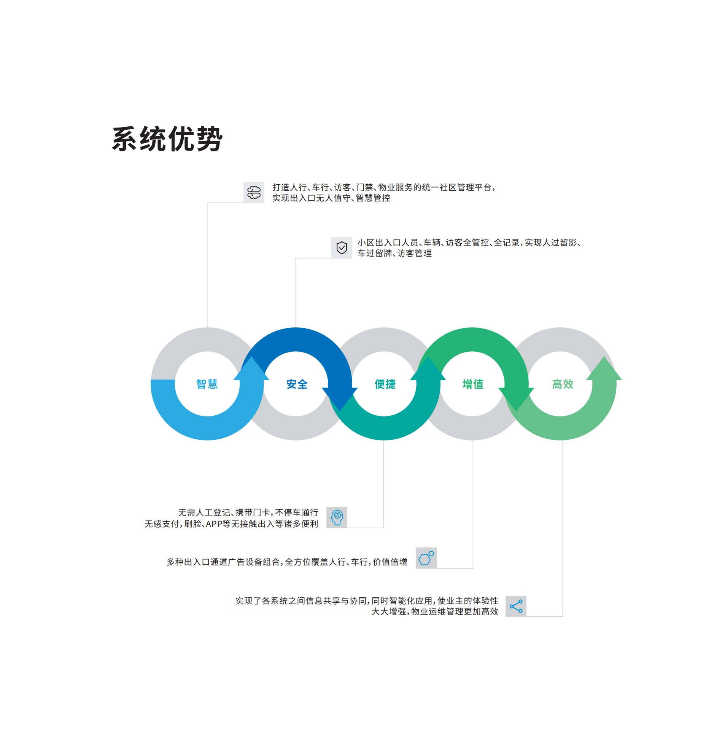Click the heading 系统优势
(x=167, y=139)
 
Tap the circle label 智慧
(x=207, y=384)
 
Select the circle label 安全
(x=297, y=384)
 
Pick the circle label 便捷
(x=385, y=384)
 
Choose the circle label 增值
(x=473, y=384)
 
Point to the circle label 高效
(x=563, y=384)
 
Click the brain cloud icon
(x=254, y=192)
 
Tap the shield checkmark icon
(x=342, y=247)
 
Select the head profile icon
(x=337, y=517)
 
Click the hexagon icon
(x=426, y=558)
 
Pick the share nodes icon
(x=516, y=606)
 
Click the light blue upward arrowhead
(x=251, y=369)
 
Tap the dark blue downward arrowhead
(x=340, y=398)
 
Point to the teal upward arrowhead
(x=428, y=369)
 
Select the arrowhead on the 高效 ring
(x=604, y=369)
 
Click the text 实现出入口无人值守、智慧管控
(x=331, y=198)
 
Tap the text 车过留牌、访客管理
(x=394, y=253)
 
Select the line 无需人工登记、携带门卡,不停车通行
(x=248, y=512)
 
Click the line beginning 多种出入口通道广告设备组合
(x=287, y=562)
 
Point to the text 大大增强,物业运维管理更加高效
(x=435, y=611)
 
